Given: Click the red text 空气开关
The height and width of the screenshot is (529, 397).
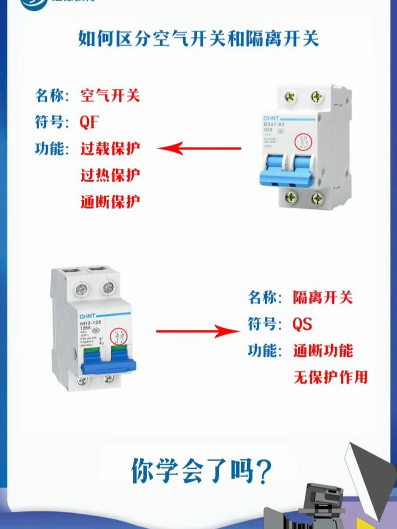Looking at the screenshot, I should [110, 96].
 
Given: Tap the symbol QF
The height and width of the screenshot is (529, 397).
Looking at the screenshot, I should [89, 122].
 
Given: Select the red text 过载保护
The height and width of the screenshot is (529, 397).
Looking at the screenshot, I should [110, 149].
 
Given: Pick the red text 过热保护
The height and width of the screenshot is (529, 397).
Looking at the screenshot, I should [110, 175].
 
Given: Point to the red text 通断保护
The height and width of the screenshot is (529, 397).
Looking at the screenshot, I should [110, 202].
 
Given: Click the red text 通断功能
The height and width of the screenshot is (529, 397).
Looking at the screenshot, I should [323, 351].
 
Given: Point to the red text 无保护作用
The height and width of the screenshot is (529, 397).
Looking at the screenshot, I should [330, 377].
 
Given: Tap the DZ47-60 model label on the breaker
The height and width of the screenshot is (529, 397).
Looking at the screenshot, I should [274, 124].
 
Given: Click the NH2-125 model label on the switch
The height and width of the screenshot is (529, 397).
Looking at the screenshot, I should [91, 323].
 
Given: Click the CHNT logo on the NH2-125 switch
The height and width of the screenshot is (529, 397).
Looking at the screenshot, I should [88, 316].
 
